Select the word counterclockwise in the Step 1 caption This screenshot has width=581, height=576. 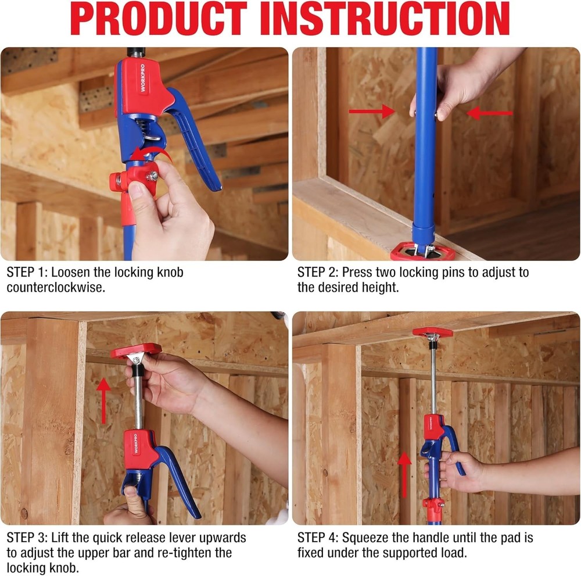56,287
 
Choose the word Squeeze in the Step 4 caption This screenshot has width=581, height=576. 369,538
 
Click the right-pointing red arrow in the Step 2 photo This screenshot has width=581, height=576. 372,112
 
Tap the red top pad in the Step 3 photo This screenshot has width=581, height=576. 137,351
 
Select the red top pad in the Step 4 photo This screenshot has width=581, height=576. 432,332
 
